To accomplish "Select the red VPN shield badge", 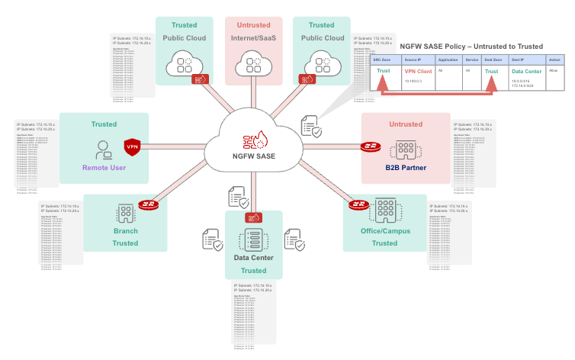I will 133,146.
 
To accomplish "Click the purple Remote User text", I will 104,169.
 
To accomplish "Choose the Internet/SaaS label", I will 253,38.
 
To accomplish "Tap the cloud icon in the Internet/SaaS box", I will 252,61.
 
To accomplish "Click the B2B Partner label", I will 406,168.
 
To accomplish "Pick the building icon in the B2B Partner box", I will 406,148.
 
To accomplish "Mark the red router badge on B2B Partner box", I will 371,146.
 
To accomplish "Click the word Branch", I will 125,231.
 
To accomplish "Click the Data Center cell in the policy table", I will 525,70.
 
